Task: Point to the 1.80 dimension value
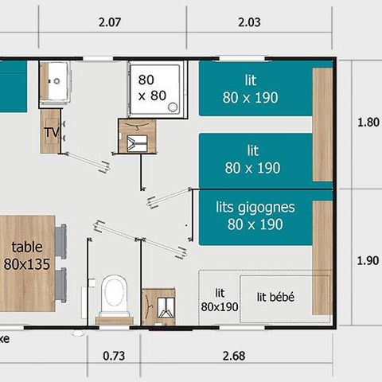(x=363, y=123)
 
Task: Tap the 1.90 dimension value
(x=363, y=259)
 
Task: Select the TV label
(x=51, y=132)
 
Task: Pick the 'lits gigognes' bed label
(x=255, y=216)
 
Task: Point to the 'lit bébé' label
(x=275, y=297)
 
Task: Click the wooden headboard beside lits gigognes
(x=322, y=255)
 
